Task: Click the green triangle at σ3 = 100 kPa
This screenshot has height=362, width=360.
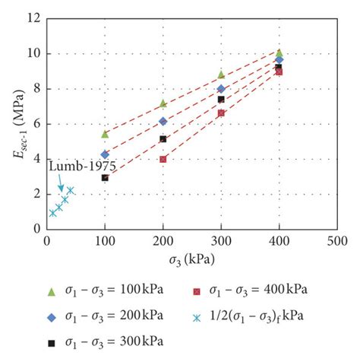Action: tap(105, 134)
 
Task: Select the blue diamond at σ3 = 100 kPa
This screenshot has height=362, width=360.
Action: tap(105, 154)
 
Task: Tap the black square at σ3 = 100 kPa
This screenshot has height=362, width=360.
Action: tap(105, 178)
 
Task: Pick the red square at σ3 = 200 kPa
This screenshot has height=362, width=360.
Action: tap(163, 159)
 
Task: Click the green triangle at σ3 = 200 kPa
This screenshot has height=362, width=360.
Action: tap(163, 103)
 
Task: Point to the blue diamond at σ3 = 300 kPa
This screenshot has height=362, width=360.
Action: tap(221, 89)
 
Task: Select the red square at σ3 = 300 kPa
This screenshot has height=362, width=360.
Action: tap(221, 113)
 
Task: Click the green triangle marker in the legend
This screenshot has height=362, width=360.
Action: tap(52, 291)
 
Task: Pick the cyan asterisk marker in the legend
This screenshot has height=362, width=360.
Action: tap(200, 316)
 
